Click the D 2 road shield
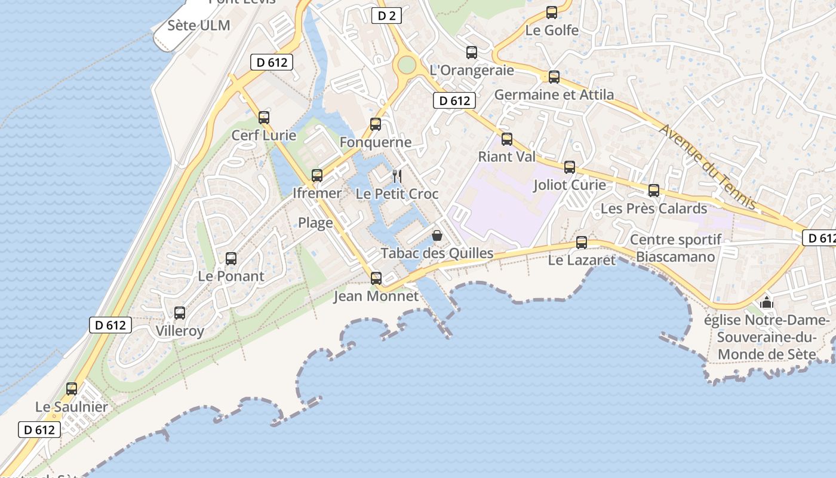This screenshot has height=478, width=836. coord(387,16)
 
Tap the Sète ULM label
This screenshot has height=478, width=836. coord(199,26)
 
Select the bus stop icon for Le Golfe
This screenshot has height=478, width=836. coord(552,13)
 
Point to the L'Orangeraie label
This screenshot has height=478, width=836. coord(472,70)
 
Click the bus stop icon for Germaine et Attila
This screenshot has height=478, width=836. coord(554,77)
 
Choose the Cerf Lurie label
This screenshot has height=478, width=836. coord(264,136)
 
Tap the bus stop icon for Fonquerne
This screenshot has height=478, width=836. coord(376,124)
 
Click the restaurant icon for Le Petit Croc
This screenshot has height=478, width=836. coord(397,176)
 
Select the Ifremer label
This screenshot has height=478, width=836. coord(317,193)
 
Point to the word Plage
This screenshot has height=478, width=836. coord(315,223)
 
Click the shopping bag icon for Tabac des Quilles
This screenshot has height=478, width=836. coord(437,235)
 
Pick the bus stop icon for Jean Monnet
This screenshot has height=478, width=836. coord(376,278)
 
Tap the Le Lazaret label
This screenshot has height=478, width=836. coord(582,261)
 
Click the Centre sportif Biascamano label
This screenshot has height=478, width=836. coord(675,249)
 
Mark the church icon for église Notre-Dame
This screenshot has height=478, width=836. coord(767,303)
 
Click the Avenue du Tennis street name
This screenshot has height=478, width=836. coord(708,167)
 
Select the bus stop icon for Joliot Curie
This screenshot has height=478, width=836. coord(570,167)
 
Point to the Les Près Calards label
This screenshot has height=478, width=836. coord(654,209)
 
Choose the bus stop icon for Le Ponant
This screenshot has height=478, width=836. coord(231,259)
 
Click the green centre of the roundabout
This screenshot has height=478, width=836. coord(407,64)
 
